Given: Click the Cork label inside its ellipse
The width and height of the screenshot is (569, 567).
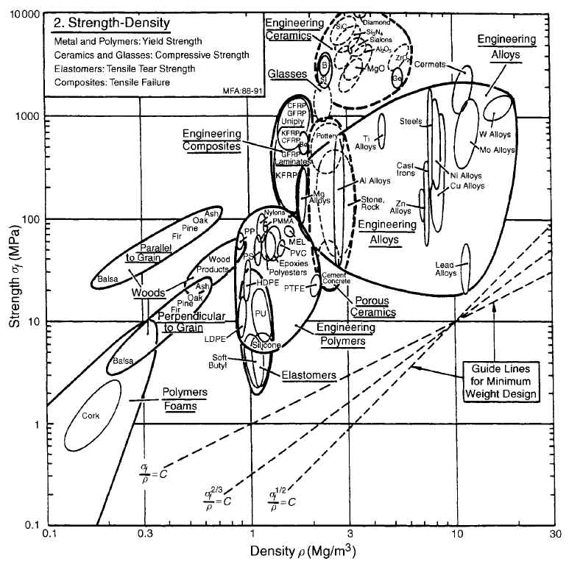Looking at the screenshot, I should (x=91, y=416).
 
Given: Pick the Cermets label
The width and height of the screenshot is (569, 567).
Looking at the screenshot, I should (x=430, y=65).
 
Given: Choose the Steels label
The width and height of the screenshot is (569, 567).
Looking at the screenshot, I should (x=411, y=121).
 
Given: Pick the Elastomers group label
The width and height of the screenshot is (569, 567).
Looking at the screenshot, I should (x=308, y=375).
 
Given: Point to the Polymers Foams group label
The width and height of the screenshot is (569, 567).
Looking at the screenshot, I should (x=185, y=399).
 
